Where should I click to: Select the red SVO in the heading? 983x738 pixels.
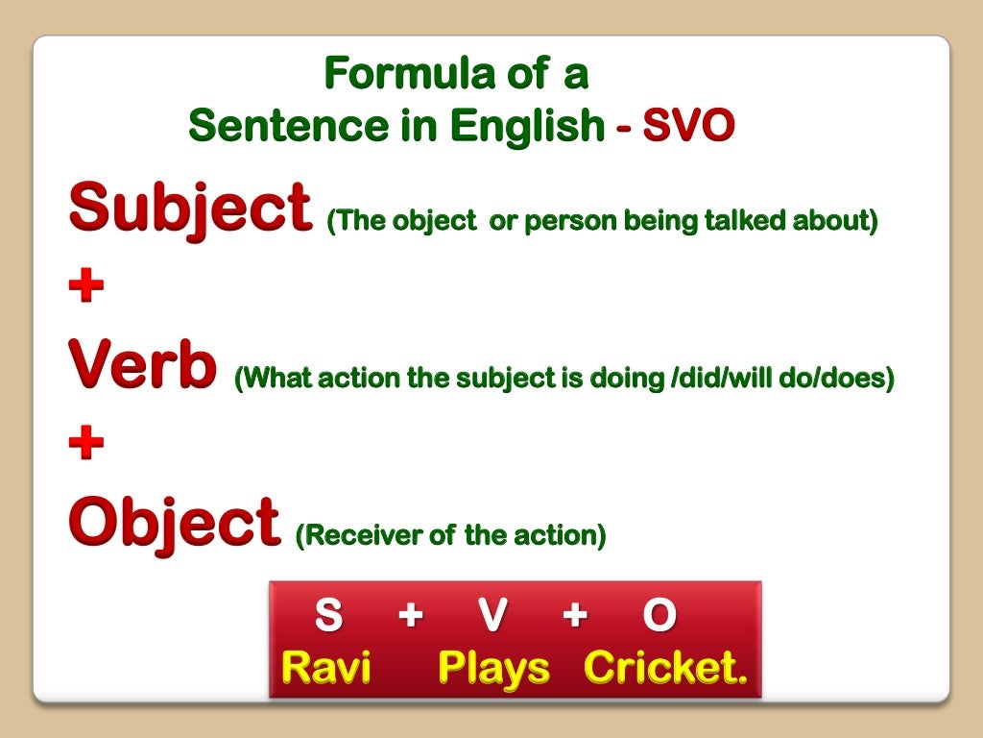(688, 125)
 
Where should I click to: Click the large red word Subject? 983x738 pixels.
(191, 208)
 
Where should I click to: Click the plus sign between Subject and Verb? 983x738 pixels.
(86, 288)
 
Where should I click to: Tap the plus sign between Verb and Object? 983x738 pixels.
(86, 446)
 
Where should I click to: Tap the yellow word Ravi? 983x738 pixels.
(326, 667)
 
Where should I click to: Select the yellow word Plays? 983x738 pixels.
(493, 667)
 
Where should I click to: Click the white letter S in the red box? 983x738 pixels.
(328, 616)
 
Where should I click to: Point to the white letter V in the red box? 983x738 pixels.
(491, 616)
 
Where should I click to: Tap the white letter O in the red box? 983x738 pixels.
(659, 616)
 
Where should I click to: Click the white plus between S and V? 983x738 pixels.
(411, 616)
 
